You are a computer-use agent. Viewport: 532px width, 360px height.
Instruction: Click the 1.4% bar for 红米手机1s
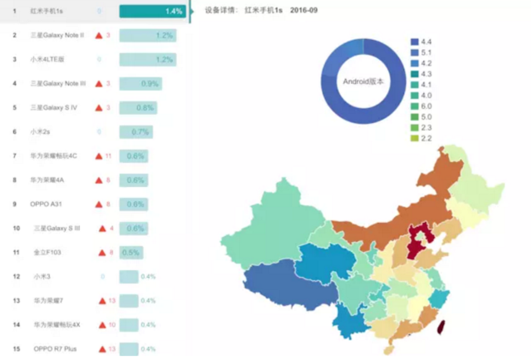(x=152, y=11)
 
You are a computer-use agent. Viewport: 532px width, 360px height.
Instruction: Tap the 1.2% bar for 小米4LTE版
(x=147, y=60)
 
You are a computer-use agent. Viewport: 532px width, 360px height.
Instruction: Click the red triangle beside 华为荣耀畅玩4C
(x=98, y=156)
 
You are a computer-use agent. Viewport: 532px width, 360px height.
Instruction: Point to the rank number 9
(x=15, y=204)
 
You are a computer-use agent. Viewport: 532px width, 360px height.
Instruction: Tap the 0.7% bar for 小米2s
(x=135, y=132)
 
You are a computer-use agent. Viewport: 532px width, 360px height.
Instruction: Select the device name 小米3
(x=41, y=276)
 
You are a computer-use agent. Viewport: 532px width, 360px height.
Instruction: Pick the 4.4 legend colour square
(x=413, y=41)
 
